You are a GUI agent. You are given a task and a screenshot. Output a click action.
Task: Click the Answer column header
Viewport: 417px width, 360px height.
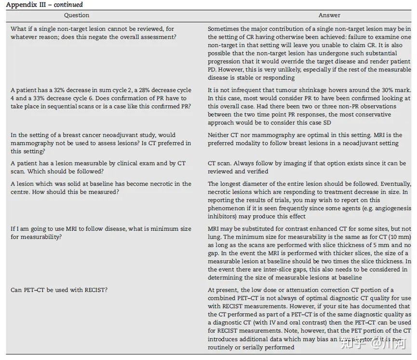[x=329, y=16]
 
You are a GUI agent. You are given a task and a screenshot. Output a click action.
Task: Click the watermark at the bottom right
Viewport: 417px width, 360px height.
[x=374, y=344]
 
